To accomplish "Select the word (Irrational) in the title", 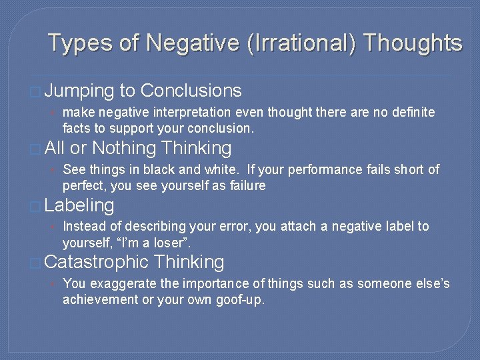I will click(301, 43).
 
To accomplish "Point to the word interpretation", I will click(197, 112).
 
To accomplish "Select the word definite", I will click(410, 112).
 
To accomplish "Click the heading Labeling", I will click(79, 205).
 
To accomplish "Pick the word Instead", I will click(83, 227).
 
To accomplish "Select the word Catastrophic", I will click(96, 263).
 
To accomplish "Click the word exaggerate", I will click(119, 284).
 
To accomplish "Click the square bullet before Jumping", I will click(35, 92).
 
